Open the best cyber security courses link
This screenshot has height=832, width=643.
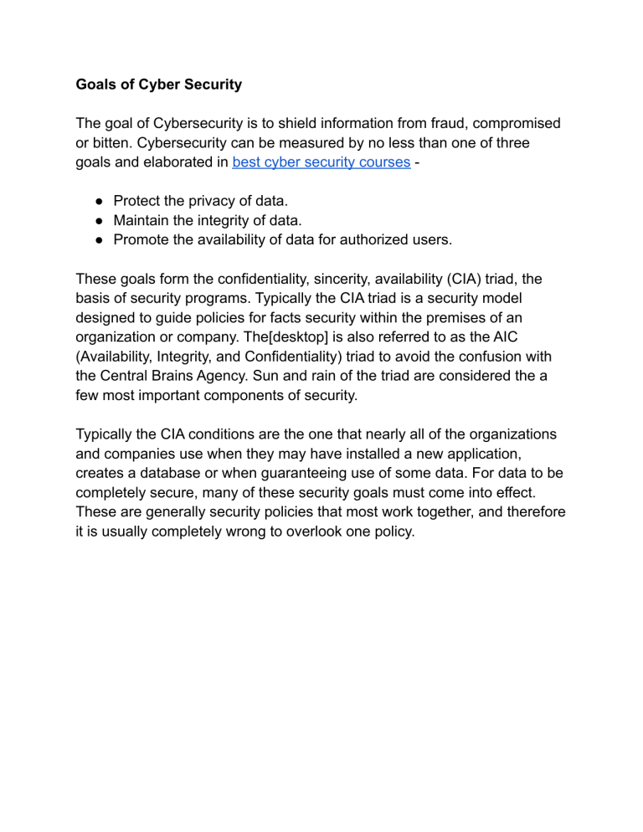coord(322,162)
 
